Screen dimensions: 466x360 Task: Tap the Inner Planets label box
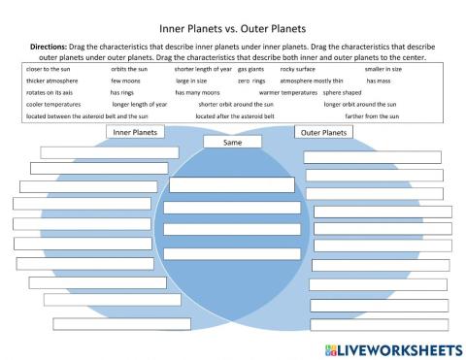click(136, 132)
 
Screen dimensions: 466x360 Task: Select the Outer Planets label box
click(321, 132)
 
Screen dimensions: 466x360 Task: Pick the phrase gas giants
click(250, 70)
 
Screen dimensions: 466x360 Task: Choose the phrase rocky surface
click(298, 70)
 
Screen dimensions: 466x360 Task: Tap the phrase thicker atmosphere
click(47, 82)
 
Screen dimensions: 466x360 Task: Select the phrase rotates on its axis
click(45, 93)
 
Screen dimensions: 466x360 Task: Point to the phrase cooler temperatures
click(48, 104)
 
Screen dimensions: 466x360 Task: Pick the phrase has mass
click(378, 82)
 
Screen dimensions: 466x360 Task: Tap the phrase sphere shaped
click(341, 93)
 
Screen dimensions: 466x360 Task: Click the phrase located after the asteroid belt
click(235, 115)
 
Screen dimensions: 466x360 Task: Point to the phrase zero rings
click(250, 82)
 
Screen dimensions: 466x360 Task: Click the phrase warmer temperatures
click(288, 93)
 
